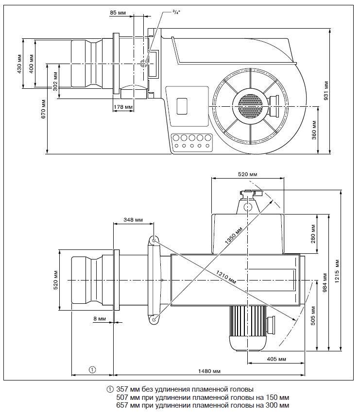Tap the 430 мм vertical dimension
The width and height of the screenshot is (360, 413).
[19, 63]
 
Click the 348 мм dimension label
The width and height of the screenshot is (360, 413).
[133, 220]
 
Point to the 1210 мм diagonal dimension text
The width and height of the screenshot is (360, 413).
[226, 277]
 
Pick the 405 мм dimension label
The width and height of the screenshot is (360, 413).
[276, 359]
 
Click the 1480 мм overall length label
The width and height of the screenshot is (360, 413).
[209, 371]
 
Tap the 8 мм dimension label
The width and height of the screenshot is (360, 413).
[99, 319]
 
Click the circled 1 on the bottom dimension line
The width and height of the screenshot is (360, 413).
[92, 369]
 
